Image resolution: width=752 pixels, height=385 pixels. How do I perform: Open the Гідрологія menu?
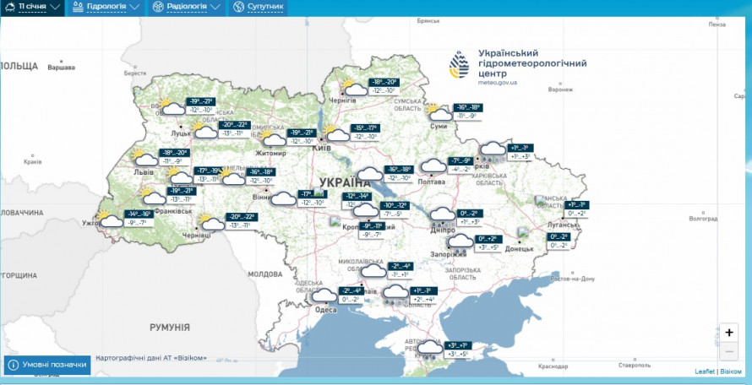(106, 7)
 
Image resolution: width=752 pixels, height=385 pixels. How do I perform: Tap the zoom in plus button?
(729, 333)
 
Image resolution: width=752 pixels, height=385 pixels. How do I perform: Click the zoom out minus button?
(729, 350)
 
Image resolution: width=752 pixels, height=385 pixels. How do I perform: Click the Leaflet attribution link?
(704, 371)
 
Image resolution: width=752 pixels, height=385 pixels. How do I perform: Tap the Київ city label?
(322, 148)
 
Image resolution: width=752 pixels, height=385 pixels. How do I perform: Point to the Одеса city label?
(326, 310)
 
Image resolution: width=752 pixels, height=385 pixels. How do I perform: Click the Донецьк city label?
(520, 249)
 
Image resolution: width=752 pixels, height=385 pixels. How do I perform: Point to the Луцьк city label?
(181, 133)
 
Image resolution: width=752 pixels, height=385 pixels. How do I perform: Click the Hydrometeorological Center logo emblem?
(459, 65)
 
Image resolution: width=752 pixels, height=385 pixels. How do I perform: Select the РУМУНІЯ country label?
(170, 327)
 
